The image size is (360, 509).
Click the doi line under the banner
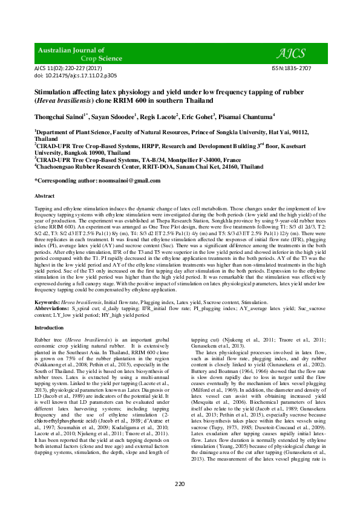pos(67,77)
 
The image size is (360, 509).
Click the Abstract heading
pos(45,196)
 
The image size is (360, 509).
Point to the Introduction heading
pos(49,328)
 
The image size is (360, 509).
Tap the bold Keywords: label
pos(47,300)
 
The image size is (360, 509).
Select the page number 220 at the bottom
pos(180,484)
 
